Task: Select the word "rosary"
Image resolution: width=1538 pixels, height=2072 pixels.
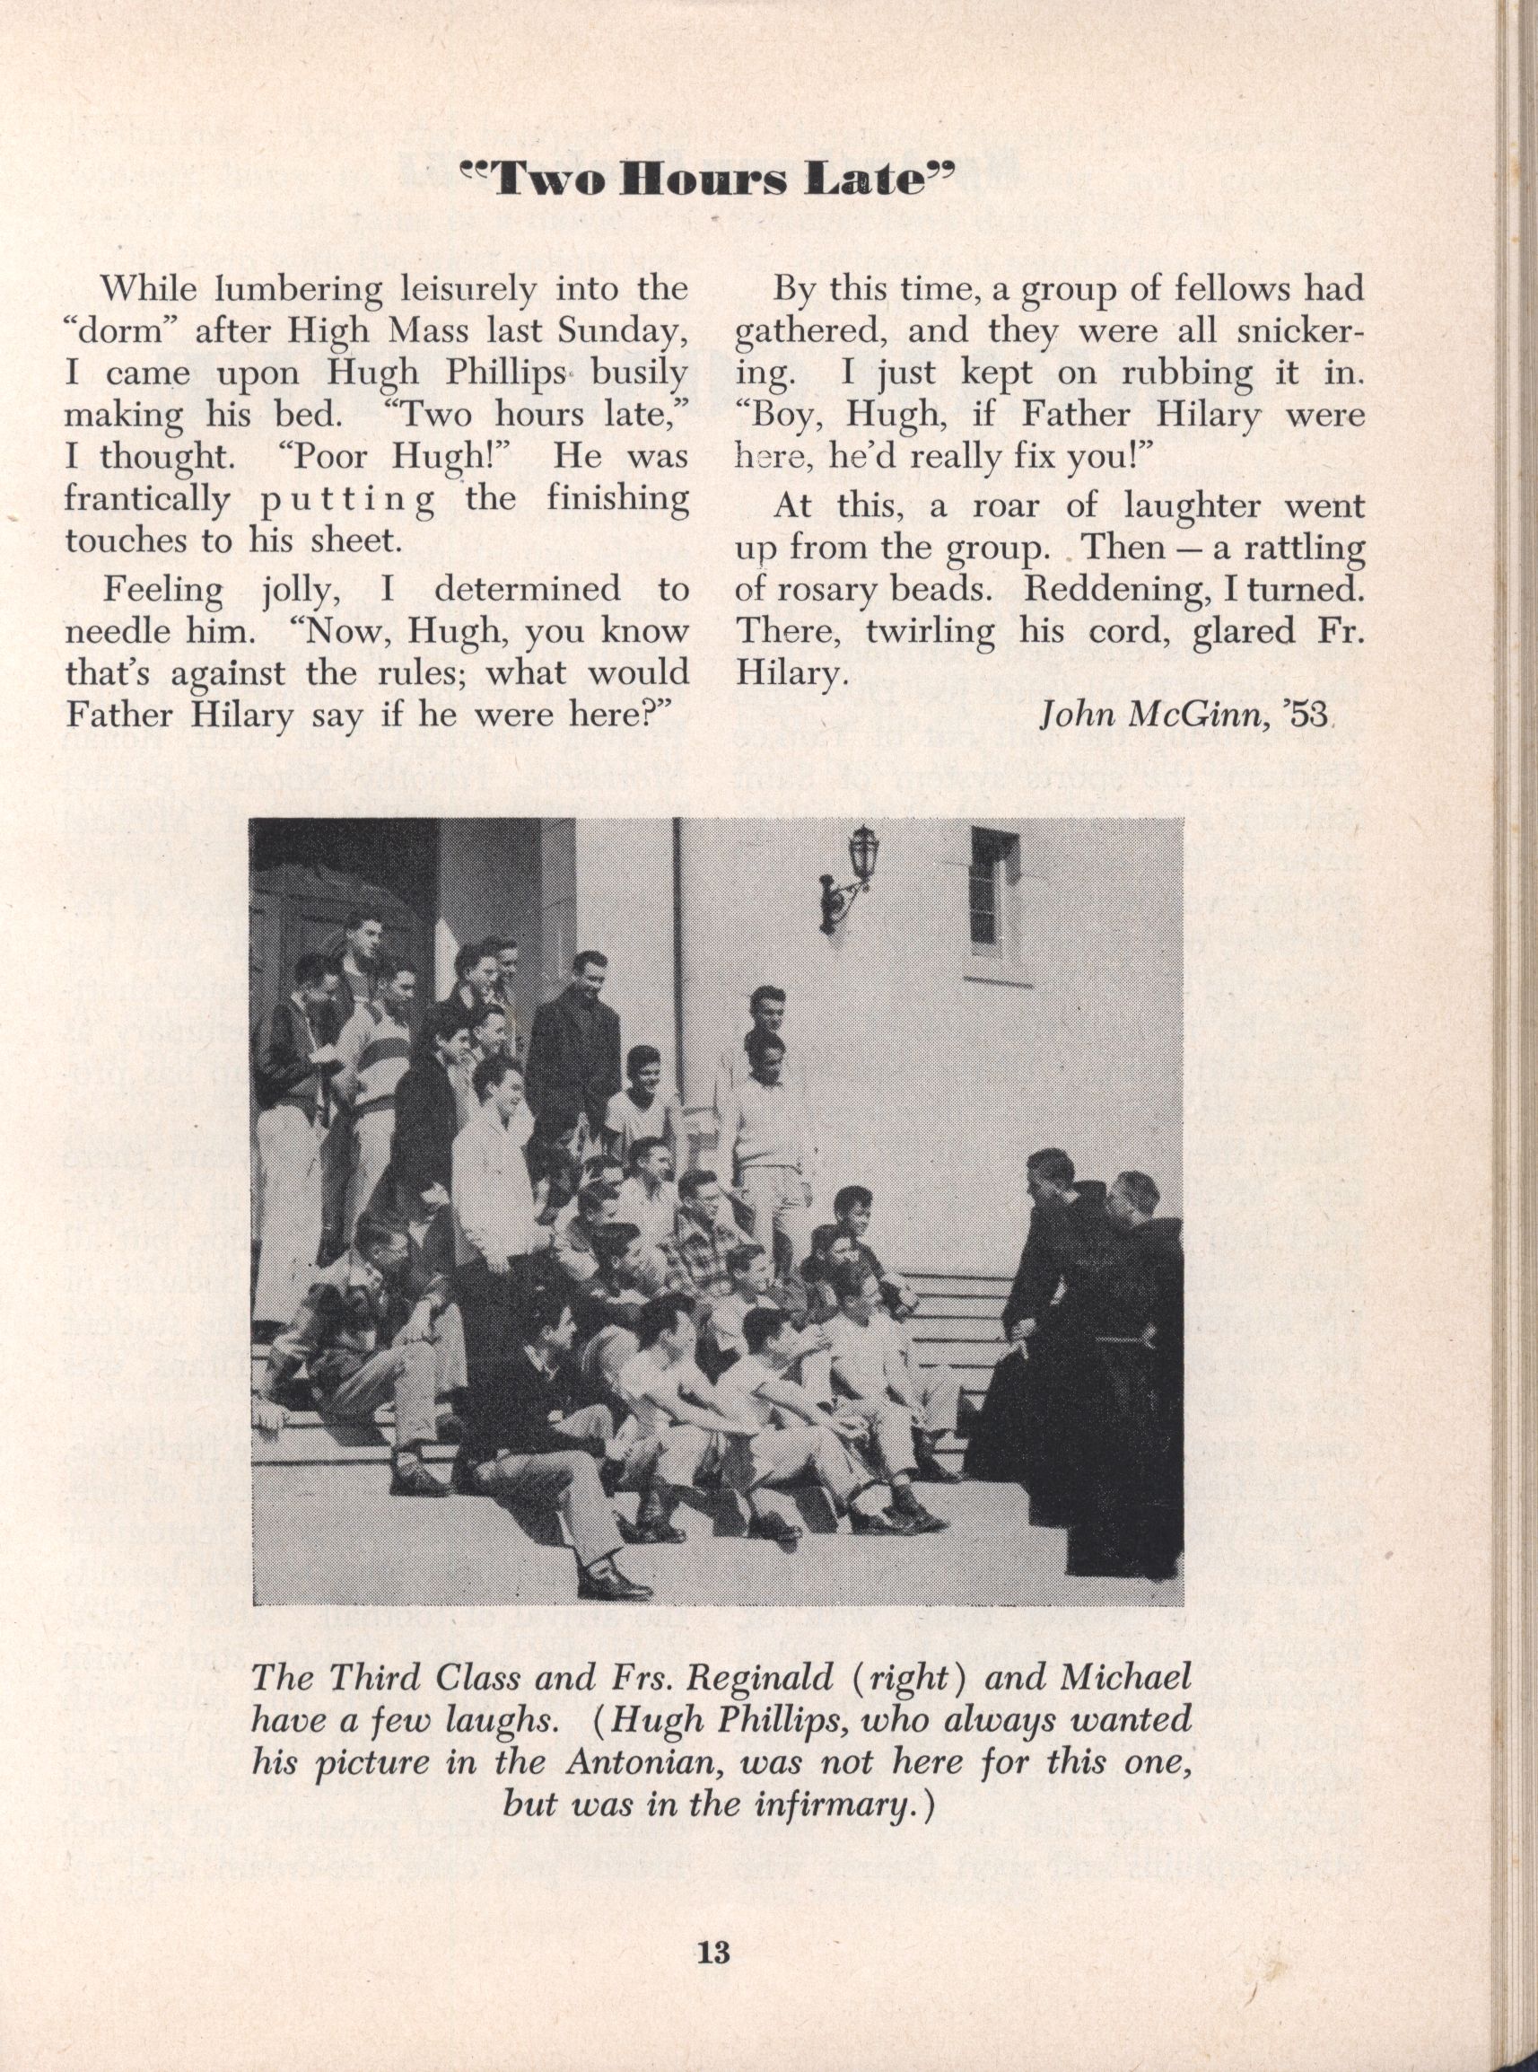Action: [x=828, y=591]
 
